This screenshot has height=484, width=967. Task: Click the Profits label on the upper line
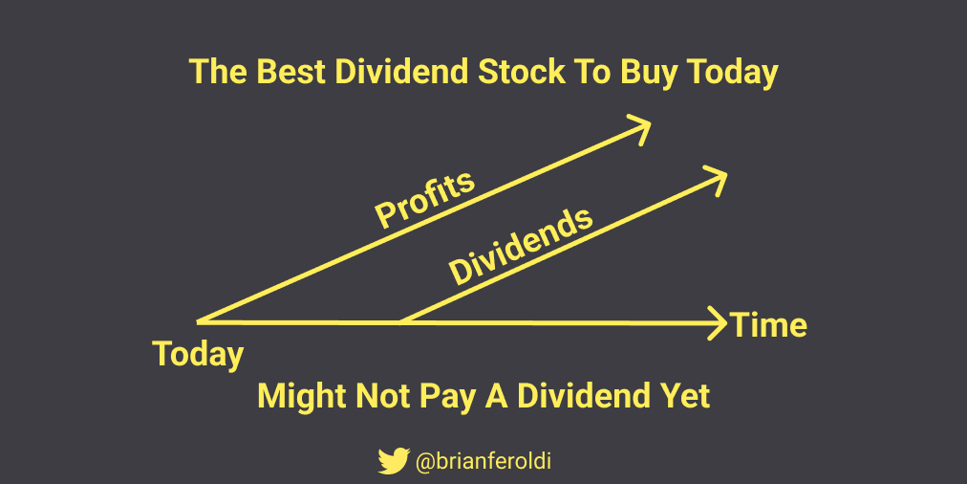click(425, 198)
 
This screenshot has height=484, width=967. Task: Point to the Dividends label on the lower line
click(521, 247)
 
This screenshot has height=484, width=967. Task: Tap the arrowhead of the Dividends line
click(716, 179)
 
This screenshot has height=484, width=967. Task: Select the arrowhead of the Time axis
click(718, 323)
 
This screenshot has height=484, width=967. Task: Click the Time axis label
click(768, 324)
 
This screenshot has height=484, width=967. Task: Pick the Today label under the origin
click(198, 355)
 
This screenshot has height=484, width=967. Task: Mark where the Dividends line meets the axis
click(402, 321)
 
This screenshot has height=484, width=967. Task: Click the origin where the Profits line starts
click(199, 321)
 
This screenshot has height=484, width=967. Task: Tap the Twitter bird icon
click(394, 460)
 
